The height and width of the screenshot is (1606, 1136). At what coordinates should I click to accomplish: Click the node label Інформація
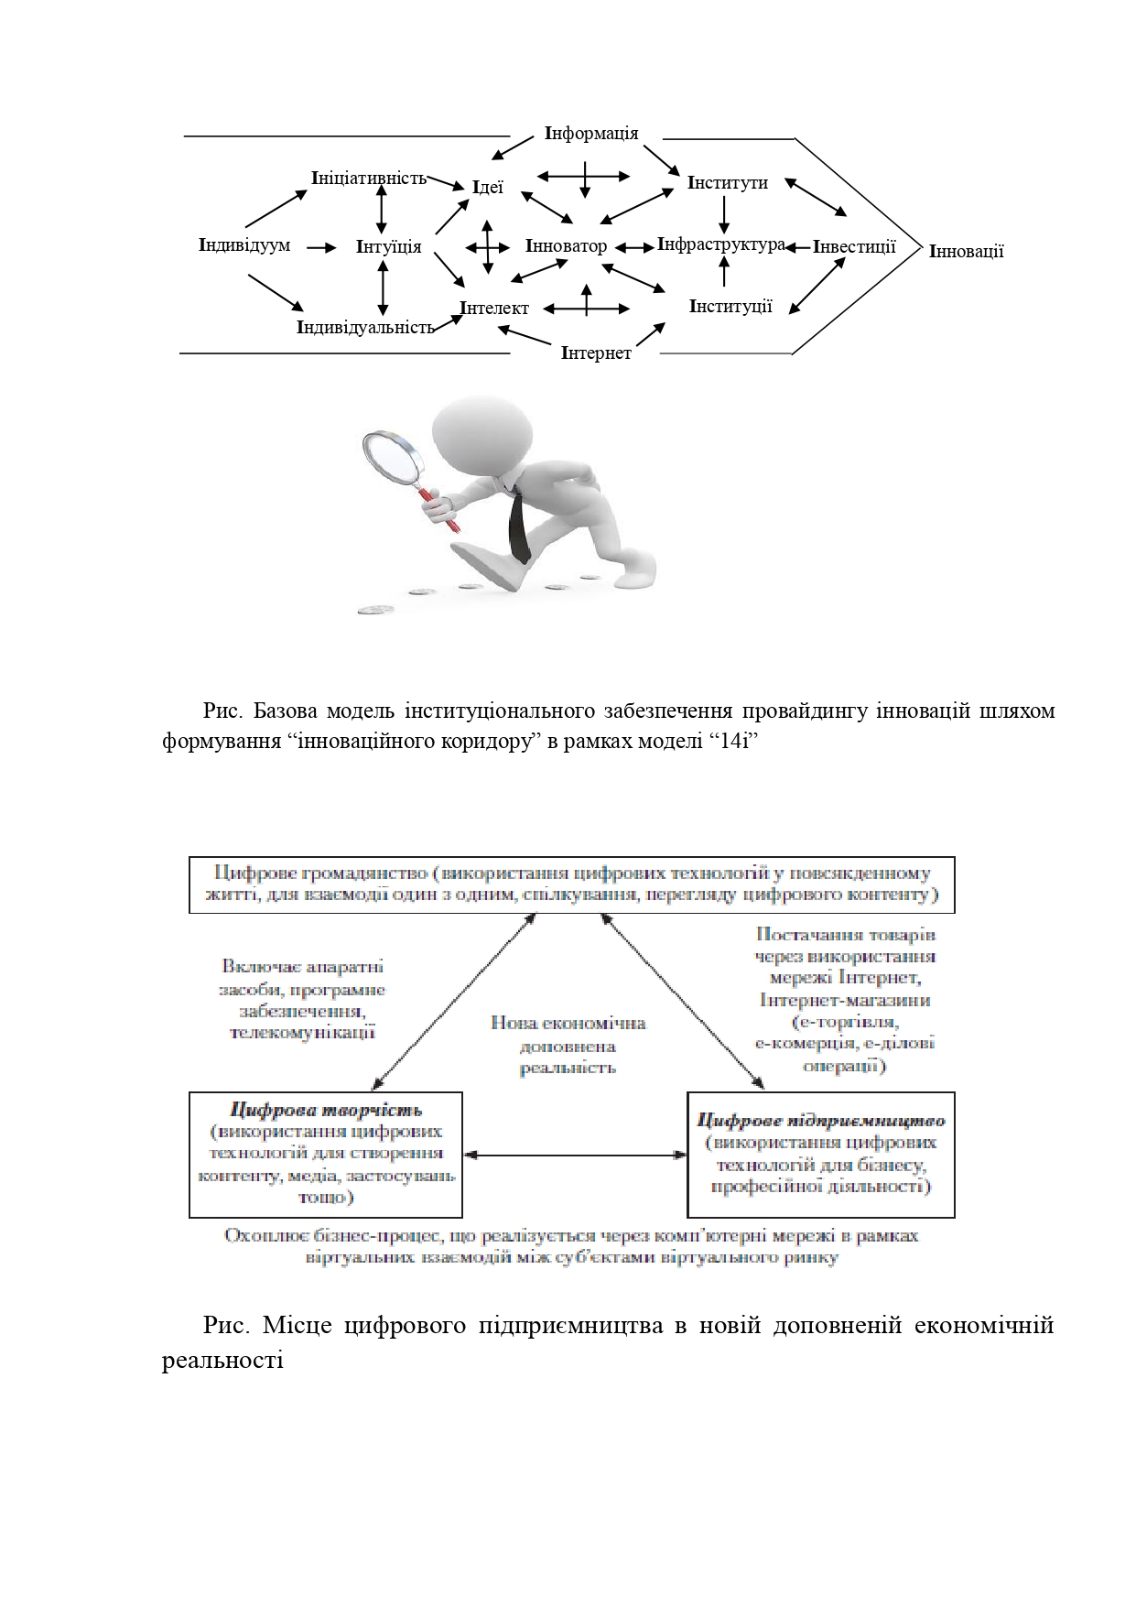click(591, 134)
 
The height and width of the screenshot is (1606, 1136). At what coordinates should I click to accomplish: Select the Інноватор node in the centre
click(566, 246)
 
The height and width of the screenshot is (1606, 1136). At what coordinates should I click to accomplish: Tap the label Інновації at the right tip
click(966, 251)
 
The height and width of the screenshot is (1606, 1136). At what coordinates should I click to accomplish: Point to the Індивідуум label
click(244, 245)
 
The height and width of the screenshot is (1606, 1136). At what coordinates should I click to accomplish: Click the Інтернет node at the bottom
click(596, 353)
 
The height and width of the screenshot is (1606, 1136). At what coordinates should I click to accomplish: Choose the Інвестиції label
click(854, 246)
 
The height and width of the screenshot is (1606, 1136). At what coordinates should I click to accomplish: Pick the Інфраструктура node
click(721, 244)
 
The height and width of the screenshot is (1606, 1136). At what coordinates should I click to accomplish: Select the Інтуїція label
click(389, 246)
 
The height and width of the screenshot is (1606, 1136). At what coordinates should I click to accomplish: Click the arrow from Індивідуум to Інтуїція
click(321, 247)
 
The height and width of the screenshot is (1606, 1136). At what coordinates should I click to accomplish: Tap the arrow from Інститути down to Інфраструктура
click(724, 214)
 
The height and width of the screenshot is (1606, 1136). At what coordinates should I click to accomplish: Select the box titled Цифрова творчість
click(326, 1154)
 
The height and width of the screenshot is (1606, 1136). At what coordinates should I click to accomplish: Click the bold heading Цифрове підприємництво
click(820, 1120)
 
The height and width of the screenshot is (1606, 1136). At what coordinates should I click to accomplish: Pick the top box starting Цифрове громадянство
click(572, 884)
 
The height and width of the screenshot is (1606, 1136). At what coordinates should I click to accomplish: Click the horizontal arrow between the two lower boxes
click(575, 1155)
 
